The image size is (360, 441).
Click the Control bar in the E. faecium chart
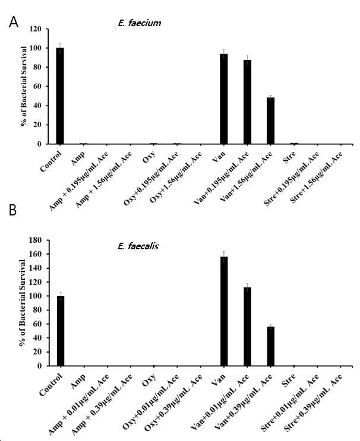pyautogui.click(x=60, y=96)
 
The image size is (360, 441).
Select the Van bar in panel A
pyautogui.click(x=224, y=99)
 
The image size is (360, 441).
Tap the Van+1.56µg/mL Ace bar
pyautogui.click(x=270, y=120)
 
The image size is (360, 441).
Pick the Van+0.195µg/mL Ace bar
pyautogui.click(x=247, y=102)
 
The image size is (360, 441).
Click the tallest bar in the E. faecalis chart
pyautogui.click(x=224, y=312)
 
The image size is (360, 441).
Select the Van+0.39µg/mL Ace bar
pyautogui.click(x=271, y=346)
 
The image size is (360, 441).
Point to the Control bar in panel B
pyautogui.click(x=61, y=331)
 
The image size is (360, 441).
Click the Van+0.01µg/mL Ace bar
pyautogui.click(x=247, y=326)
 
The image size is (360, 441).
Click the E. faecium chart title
pyautogui.click(x=140, y=23)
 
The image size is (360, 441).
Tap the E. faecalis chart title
pyautogui.click(x=138, y=246)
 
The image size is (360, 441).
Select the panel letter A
pyautogui.click(x=14, y=22)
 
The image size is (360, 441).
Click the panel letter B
pyautogui.click(x=12, y=210)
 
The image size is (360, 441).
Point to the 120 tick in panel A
pyautogui.click(x=36, y=29)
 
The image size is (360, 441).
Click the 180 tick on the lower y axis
pyautogui.click(x=36, y=240)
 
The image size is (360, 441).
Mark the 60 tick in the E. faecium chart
pyautogui.click(x=37, y=86)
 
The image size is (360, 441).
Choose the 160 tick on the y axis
pyautogui.click(x=36, y=254)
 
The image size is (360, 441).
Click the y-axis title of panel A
pyautogui.click(x=24, y=86)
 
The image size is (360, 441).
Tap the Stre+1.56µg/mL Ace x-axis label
pyautogui.click(x=317, y=177)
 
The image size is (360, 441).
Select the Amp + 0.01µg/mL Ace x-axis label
pyautogui.click(x=78, y=404)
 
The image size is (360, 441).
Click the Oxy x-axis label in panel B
pyautogui.click(x=149, y=380)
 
